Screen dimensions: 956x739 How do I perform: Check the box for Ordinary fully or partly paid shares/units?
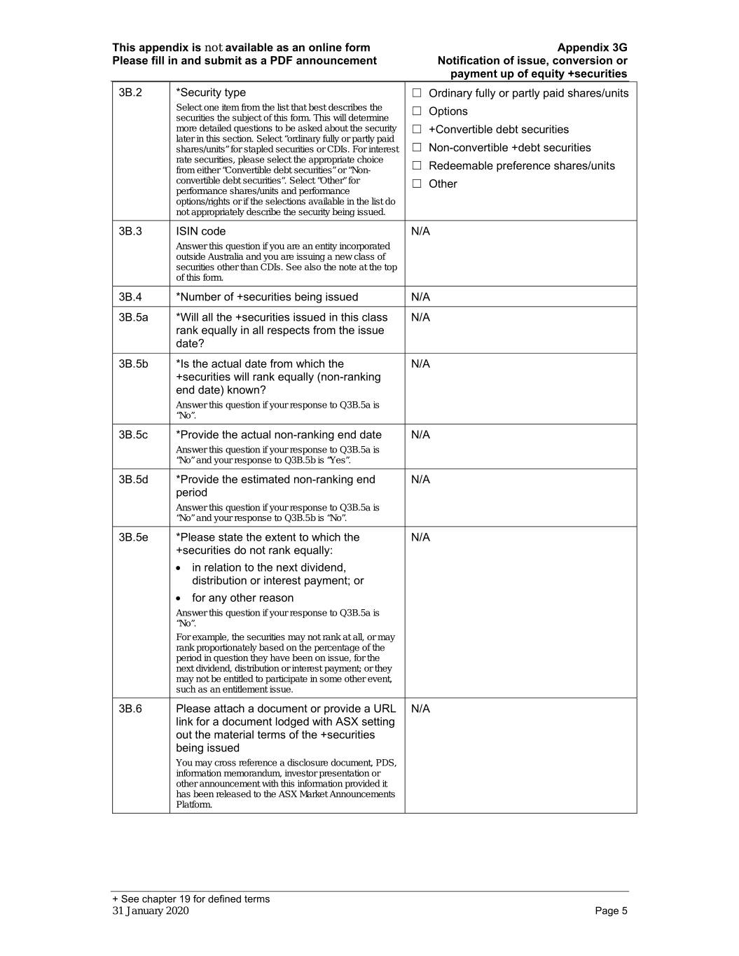tap(417, 93)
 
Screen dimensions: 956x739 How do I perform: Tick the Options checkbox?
tap(417, 111)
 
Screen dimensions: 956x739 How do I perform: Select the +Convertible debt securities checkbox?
tap(417, 130)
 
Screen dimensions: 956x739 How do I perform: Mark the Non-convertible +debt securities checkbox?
tap(417, 148)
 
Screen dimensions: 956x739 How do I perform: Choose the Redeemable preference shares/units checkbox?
tap(417, 166)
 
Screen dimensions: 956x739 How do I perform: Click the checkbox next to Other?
tap(417, 184)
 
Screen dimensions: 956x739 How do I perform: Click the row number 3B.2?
tap(130, 92)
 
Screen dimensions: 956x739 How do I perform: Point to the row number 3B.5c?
tap(133, 435)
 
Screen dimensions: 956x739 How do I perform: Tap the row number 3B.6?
tap(130, 709)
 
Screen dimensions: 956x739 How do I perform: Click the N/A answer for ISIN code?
tap(420, 231)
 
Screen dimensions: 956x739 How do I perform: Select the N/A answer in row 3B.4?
tap(420, 297)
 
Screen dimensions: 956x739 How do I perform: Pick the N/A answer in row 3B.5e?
tap(420, 537)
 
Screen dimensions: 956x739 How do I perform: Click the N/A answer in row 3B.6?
tap(420, 709)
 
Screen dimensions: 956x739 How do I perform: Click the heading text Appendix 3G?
tap(592, 48)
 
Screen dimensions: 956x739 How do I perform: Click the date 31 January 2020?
tap(151, 910)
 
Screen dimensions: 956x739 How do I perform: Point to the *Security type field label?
tap(211, 92)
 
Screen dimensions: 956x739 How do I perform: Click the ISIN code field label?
tap(201, 231)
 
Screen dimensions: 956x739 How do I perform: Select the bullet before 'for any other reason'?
tap(180, 599)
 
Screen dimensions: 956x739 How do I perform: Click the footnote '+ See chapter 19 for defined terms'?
tap(191, 899)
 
